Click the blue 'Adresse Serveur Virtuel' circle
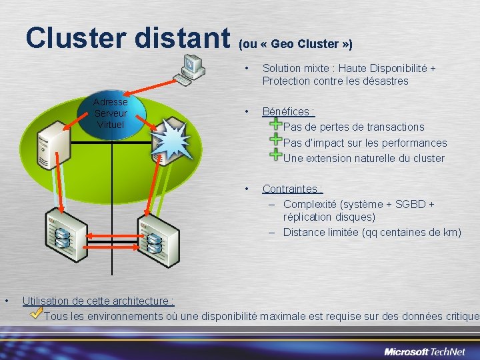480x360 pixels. pyautogui.click(x=111, y=114)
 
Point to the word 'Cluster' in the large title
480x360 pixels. pyautogui.click(x=75, y=38)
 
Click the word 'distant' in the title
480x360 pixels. pyautogui.click(x=181, y=38)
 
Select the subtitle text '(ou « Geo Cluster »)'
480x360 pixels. pyautogui.click(x=295, y=44)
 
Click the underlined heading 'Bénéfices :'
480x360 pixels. pyautogui.click(x=288, y=111)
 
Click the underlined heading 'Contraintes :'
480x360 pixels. pyautogui.click(x=292, y=189)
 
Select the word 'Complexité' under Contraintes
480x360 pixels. pyautogui.click(x=310, y=204)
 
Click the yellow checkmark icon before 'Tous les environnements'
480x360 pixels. pyautogui.click(x=37, y=313)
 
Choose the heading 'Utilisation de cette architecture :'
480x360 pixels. pyautogui.click(x=98, y=301)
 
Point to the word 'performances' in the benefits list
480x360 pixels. pyautogui.click(x=414, y=143)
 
